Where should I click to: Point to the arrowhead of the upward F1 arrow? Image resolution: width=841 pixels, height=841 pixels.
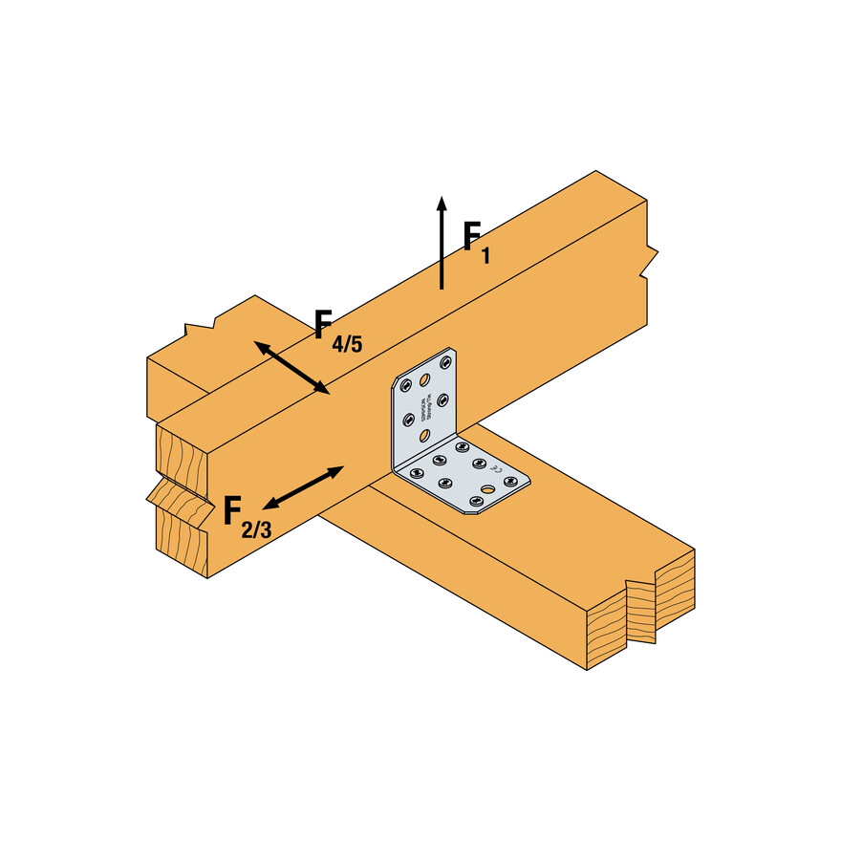click(x=441, y=204)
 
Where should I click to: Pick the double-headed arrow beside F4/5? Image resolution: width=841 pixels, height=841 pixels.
click(x=291, y=367)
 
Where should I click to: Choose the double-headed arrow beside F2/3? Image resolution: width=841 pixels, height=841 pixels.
click(x=303, y=487)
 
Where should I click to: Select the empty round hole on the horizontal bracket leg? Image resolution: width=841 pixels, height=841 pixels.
click(x=489, y=491)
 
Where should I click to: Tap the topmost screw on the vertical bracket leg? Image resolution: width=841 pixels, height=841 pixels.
click(x=446, y=362)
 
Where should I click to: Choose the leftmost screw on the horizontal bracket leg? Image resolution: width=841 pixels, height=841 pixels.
click(x=415, y=472)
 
